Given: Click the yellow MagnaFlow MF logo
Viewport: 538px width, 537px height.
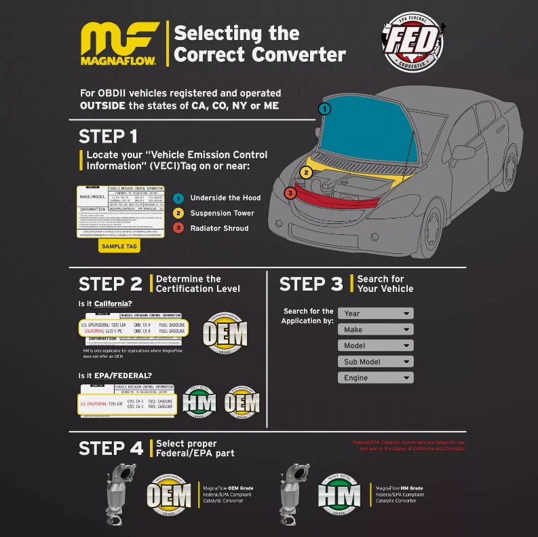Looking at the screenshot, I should click(119, 43).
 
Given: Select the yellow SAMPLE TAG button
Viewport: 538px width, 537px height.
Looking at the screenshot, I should click(119, 246).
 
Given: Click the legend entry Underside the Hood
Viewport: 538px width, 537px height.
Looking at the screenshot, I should click(225, 198).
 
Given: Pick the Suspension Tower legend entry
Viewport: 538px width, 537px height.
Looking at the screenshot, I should click(222, 213).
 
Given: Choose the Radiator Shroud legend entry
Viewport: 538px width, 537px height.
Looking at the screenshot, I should click(219, 228).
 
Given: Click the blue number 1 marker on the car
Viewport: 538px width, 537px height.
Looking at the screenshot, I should click(326, 109).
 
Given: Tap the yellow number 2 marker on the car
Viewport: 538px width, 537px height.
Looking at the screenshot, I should click(307, 172).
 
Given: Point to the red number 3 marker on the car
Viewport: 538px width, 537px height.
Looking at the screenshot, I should click(290, 193).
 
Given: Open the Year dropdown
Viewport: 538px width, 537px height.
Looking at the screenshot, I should click(375, 314).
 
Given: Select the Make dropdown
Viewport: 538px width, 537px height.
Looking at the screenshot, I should click(375, 329).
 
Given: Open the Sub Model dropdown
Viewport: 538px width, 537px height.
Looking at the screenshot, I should click(375, 362).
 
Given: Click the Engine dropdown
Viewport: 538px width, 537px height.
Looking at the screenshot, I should click(375, 377).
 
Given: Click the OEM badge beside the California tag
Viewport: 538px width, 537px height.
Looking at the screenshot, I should click(225, 333).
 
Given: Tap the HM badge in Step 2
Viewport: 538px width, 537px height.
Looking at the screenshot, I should click(199, 403).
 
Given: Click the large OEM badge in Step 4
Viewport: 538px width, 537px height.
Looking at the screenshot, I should click(169, 496).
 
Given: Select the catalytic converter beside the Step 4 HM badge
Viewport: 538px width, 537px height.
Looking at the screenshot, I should click(294, 494).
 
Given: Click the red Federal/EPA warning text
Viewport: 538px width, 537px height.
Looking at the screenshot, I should click(408, 446).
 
